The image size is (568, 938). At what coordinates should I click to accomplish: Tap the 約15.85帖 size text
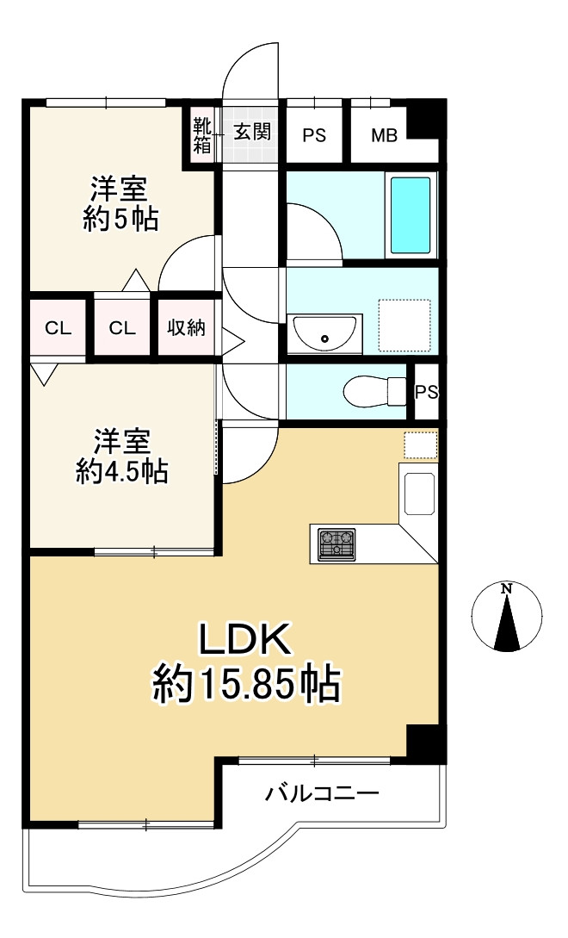248,686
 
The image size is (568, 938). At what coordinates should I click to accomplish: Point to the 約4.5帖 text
121,472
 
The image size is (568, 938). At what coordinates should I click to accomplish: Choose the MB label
384,135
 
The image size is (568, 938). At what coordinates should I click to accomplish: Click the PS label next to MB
314,135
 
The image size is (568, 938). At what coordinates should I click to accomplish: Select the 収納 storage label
186,327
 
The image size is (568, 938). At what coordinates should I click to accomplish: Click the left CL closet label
58,327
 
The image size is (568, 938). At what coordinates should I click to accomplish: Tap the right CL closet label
122,327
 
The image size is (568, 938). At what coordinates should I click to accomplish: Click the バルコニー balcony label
322,793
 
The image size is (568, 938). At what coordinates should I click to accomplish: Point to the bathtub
411,214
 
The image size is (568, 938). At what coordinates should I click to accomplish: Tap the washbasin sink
325,332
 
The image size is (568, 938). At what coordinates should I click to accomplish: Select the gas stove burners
336,544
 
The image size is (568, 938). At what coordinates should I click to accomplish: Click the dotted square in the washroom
404,325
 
